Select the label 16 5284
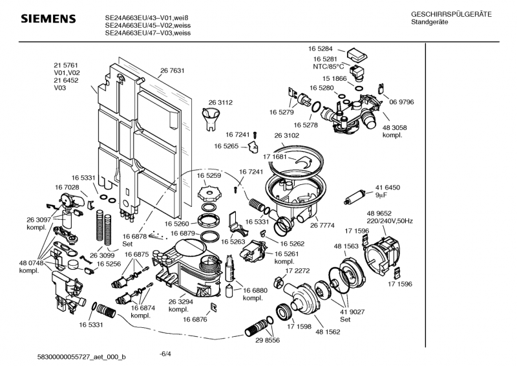[320, 48]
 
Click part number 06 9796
[401, 102]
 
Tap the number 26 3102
[287, 135]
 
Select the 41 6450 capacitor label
[405, 187]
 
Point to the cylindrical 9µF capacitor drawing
[356, 194]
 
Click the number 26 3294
[182, 301]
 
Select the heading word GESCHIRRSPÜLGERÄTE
[450, 14]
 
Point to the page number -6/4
[165, 353]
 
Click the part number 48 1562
[328, 332]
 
